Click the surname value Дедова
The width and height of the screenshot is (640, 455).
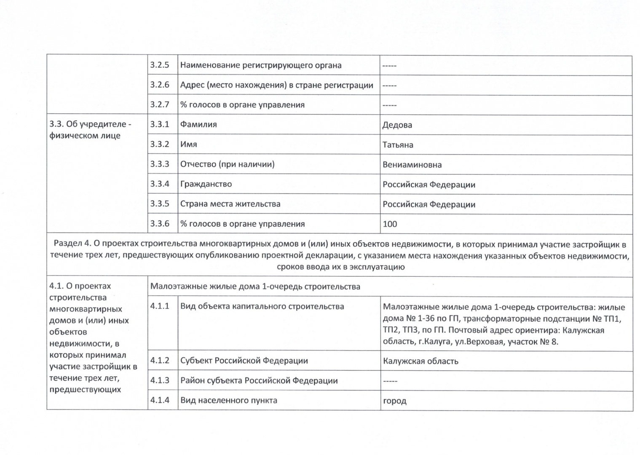click(x=397, y=125)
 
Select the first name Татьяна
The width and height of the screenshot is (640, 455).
click(x=398, y=145)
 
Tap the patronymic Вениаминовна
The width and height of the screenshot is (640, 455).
click(x=412, y=165)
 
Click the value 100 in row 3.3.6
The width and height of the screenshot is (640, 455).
click(x=390, y=224)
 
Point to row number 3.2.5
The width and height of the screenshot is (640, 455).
click(x=160, y=65)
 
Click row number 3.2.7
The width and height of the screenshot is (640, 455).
click(x=160, y=104)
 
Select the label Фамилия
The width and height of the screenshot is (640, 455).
click(x=198, y=124)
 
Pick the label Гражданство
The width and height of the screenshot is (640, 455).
click(x=206, y=184)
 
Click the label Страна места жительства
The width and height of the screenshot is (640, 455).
click(x=230, y=204)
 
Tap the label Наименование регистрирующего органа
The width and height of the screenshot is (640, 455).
click(x=261, y=65)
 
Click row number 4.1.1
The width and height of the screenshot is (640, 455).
click(x=160, y=306)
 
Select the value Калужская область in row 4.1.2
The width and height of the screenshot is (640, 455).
click(x=420, y=361)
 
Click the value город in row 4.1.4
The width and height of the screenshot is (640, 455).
click(x=394, y=401)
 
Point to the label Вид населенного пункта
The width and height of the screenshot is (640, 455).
click(x=229, y=400)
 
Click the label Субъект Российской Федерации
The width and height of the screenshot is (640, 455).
click(x=244, y=361)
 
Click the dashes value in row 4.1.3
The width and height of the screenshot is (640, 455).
click(x=390, y=381)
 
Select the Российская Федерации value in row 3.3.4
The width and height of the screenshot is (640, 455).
click(x=428, y=185)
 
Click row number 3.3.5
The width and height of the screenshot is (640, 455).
click(x=160, y=204)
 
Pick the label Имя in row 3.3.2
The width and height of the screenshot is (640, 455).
click(x=188, y=144)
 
